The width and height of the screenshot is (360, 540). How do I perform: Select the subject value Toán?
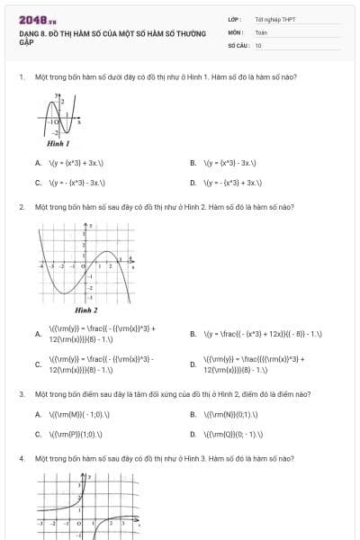pos(261,31)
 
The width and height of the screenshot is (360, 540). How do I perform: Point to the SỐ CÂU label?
pos(238,44)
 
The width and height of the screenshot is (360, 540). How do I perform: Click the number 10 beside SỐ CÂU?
pos(258,44)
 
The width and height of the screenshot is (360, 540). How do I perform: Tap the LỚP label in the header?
pos(234,19)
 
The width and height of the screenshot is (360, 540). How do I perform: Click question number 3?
pos(21,394)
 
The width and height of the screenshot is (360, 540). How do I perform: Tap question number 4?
pos(21,458)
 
